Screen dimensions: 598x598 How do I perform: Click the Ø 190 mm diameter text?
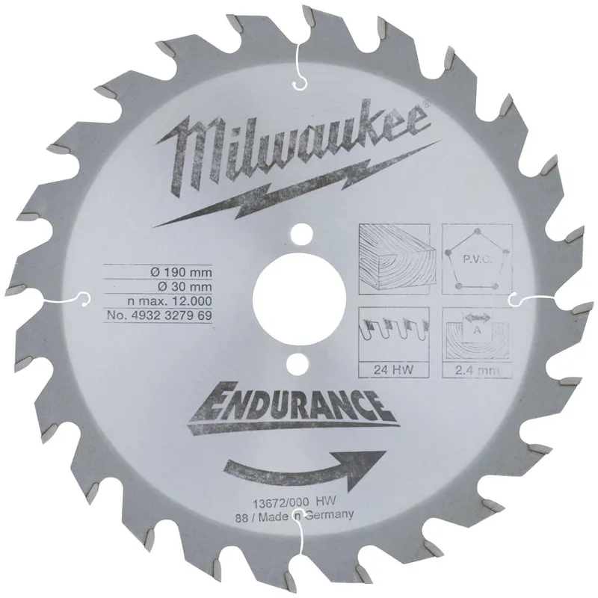point(181,272)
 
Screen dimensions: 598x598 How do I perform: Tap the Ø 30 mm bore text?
point(185,287)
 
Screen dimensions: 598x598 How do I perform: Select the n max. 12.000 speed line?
point(170,301)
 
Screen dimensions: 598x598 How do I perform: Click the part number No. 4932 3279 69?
point(159,315)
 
